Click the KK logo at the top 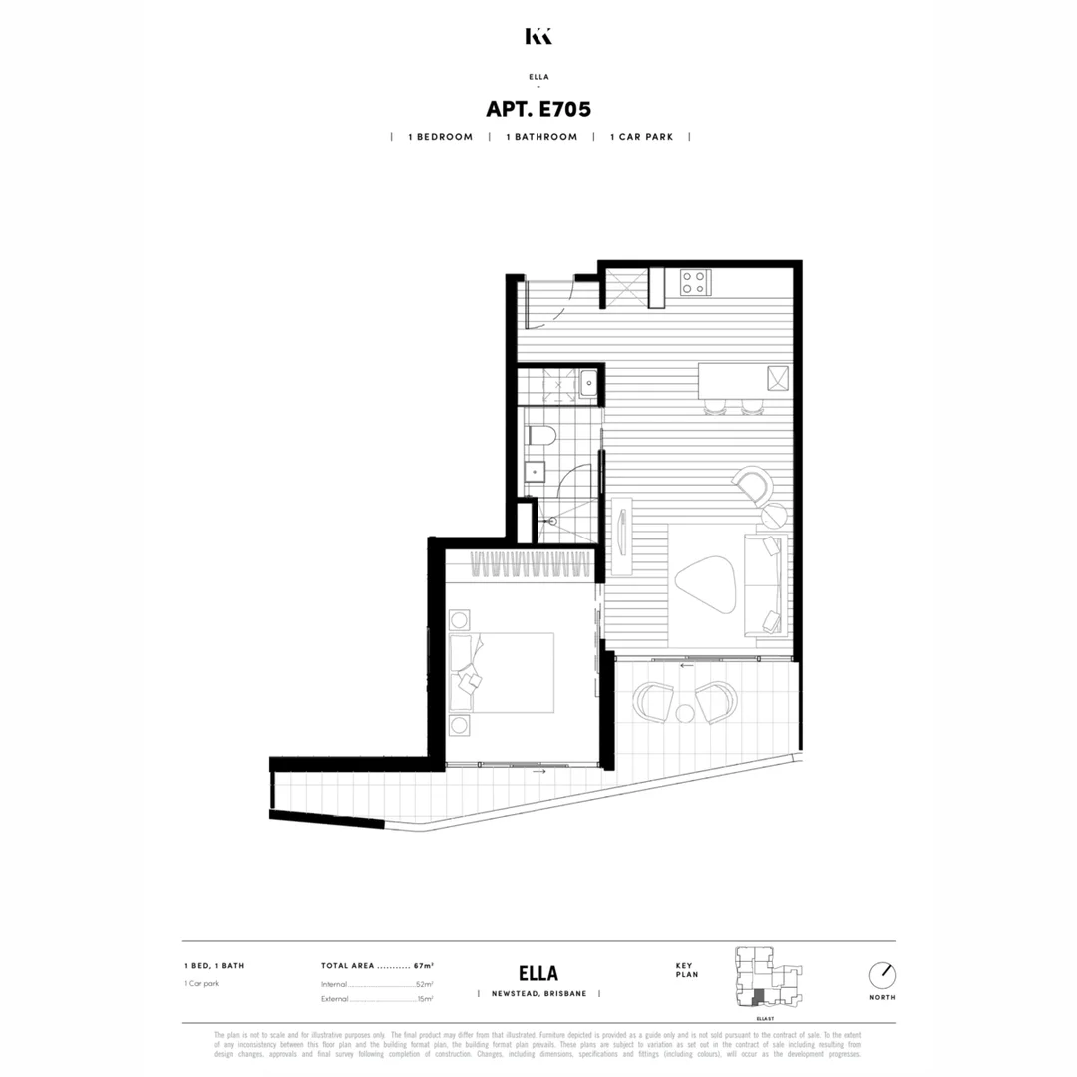click(x=538, y=36)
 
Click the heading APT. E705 click(x=538, y=108)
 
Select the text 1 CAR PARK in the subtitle click(x=641, y=137)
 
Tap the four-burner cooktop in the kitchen click(x=694, y=283)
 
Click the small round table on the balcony click(x=685, y=712)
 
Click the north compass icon click(x=882, y=974)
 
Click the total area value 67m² click(x=424, y=966)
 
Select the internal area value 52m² click(x=424, y=984)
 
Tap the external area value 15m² click(x=424, y=998)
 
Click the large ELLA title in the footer click(x=538, y=973)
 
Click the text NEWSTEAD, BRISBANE click(x=538, y=994)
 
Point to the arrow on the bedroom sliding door click(x=539, y=771)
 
